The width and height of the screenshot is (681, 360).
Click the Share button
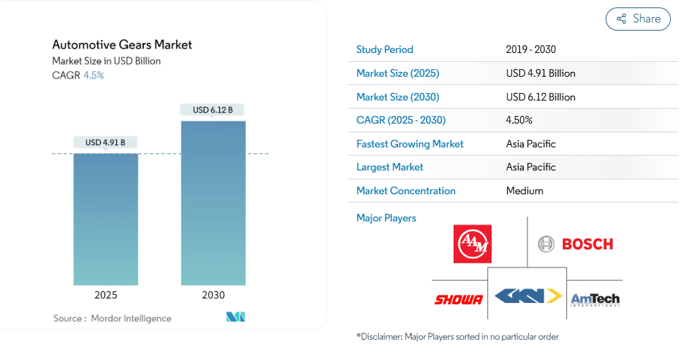pyautogui.click(x=638, y=19)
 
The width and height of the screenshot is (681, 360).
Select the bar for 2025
pyautogui.click(x=105, y=219)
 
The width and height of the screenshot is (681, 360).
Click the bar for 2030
pyautogui.click(x=213, y=203)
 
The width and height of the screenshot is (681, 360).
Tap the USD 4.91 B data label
pyautogui.click(x=105, y=143)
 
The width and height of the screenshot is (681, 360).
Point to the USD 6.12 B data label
pyautogui.click(x=213, y=110)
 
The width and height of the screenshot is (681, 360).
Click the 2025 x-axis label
pyautogui.click(x=105, y=295)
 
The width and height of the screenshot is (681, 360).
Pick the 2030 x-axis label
pyautogui.click(x=213, y=295)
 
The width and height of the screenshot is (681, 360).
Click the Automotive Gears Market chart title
pyautogui.click(x=122, y=45)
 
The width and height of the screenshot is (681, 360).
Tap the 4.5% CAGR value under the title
pyautogui.click(x=94, y=75)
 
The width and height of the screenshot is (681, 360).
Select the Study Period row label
pyautogui.click(x=384, y=50)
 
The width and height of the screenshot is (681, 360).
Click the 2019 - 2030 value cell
pyautogui.click(x=531, y=50)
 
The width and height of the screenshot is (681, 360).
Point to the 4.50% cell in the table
pyautogui.click(x=519, y=120)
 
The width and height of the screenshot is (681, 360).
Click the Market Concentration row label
pyautogui.click(x=405, y=191)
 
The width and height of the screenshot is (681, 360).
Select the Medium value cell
pyautogui.click(x=525, y=191)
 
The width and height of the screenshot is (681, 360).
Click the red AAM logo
pyautogui.click(x=473, y=244)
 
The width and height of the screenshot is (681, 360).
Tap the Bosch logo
pyautogui.click(x=575, y=244)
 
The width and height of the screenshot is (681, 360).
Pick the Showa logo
pyautogui.click(x=458, y=300)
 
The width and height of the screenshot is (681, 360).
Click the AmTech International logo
pyautogui.click(x=595, y=299)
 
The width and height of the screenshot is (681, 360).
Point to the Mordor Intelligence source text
pyautogui.click(x=131, y=319)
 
